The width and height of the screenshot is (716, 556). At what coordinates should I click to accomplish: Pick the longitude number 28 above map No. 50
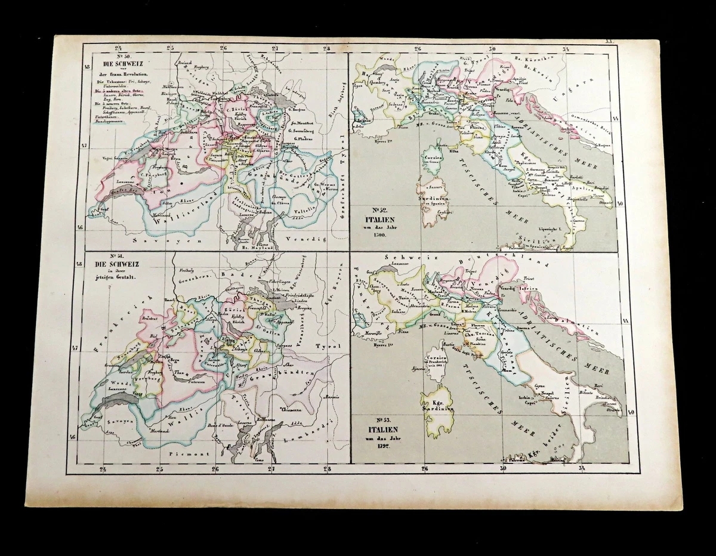pos(326,49)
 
